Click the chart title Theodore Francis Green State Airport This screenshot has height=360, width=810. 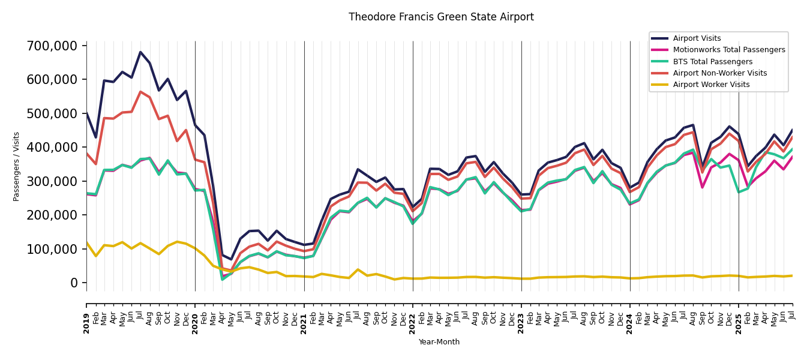441,17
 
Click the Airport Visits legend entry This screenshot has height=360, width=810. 697,38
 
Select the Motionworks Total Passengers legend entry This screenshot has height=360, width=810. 728,50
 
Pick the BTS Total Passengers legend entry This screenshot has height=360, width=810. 712,62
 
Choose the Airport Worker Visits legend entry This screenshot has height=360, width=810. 711,85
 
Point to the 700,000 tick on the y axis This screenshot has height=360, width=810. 52,46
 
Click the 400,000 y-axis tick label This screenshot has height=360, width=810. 52,148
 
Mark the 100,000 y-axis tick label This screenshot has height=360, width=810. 52,249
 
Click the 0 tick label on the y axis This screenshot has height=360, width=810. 74,283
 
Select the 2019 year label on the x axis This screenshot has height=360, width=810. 86,314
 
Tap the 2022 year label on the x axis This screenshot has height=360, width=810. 413,314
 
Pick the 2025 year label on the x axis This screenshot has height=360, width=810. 739,314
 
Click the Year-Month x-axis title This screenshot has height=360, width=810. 439,342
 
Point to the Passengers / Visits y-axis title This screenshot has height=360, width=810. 17,166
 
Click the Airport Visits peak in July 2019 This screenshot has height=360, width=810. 140,52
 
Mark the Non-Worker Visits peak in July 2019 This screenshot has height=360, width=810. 140,92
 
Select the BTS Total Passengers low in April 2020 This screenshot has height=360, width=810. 222,279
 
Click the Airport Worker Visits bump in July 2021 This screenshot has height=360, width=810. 358,269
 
